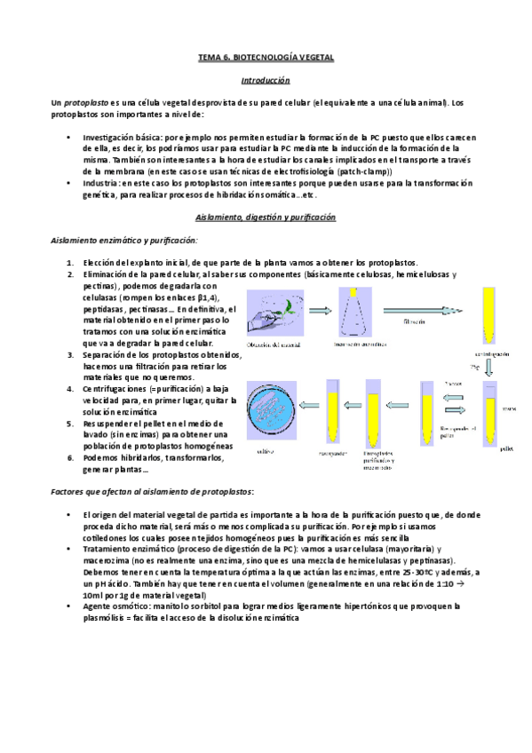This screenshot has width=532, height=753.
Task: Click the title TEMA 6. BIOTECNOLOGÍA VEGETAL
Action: coord(266,57)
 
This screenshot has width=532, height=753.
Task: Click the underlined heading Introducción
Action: coord(266,80)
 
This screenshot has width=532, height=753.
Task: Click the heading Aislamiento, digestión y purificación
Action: coord(266,218)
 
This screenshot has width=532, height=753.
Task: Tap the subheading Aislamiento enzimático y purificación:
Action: coord(123,240)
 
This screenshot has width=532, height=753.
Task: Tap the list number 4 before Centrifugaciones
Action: coord(70,388)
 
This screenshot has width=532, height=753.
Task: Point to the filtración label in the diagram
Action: coord(419,321)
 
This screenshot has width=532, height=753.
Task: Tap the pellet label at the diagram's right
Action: coord(506,449)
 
